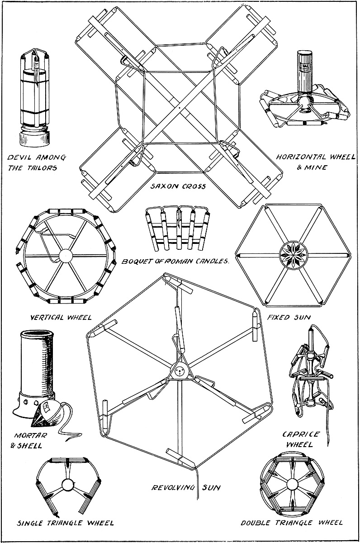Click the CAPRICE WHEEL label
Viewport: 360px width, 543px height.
[301, 439]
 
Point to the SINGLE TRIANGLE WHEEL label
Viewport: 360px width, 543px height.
[65, 523]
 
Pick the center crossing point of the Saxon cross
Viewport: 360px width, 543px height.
[180, 108]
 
